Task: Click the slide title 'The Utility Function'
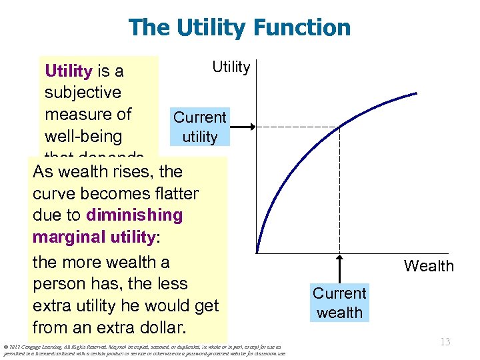239,27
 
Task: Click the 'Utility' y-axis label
231,67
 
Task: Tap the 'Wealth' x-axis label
428,266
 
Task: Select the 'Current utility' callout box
199,127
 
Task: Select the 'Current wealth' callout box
339,303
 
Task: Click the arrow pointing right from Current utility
243,127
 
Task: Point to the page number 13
445,342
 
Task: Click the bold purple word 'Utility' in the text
68,71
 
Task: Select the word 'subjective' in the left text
83,92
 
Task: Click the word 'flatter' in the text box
175,193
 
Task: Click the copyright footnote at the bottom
143,350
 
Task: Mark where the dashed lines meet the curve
339,127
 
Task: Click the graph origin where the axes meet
257,253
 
